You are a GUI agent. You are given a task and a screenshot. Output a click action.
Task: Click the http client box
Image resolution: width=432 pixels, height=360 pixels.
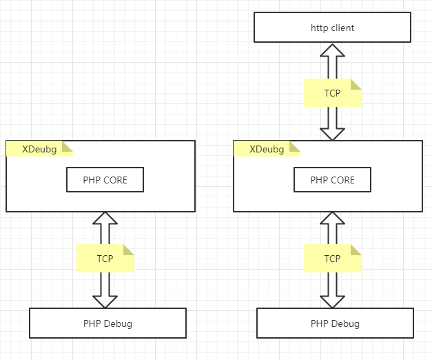[332, 28]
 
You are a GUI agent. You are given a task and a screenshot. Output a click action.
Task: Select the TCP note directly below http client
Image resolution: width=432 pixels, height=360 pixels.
[332, 93]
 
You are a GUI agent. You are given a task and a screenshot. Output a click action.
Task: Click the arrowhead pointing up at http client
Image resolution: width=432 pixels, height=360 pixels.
[333, 50]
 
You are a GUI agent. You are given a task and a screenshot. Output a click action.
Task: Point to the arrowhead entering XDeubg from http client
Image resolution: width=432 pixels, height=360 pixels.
[333, 134]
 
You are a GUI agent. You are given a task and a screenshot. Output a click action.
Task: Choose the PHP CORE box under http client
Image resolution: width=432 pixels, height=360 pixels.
[332, 180]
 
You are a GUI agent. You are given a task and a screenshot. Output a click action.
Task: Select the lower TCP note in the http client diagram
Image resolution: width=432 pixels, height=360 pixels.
[332, 259]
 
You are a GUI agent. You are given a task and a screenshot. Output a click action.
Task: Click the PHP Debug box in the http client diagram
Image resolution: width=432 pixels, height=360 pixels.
[335, 323]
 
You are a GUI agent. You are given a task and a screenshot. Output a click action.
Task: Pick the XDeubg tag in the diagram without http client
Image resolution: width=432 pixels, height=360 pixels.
[39, 149]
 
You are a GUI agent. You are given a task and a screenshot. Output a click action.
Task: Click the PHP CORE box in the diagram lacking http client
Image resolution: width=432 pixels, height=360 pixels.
[105, 180]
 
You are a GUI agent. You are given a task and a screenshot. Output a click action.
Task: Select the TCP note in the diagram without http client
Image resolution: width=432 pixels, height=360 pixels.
[105, 259]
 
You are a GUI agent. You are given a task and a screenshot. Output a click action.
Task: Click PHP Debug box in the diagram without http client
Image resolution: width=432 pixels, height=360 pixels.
[107, 323]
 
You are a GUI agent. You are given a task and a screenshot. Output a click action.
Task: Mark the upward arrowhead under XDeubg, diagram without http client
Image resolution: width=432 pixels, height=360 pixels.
[105, 219]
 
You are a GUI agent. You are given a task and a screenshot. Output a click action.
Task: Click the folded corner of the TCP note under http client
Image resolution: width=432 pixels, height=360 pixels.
[356, 84]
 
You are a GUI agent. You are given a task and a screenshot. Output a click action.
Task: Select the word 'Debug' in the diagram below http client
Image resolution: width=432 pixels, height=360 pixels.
[346, 323]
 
